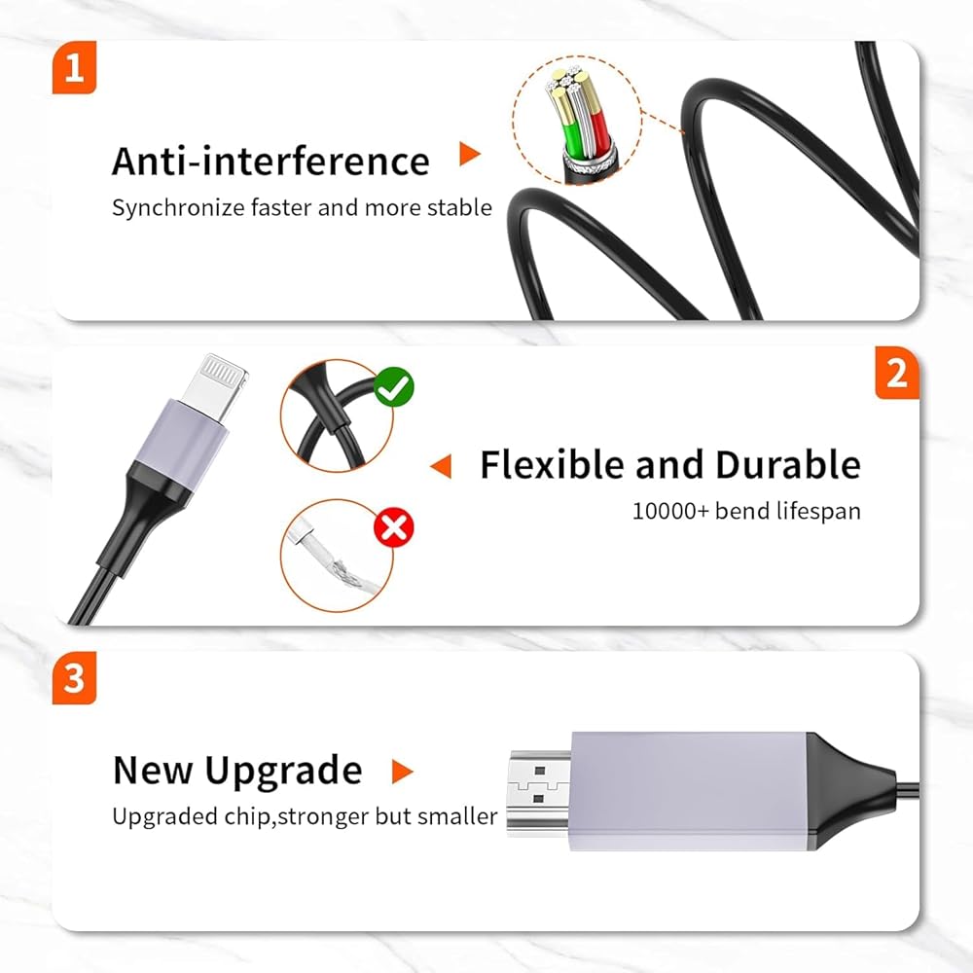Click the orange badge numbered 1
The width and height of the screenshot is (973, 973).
(x=75, y=67)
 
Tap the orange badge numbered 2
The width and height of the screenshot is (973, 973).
(x=897, y=373)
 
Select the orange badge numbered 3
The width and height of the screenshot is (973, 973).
(x=75, y=677)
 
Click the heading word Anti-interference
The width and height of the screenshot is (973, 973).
(x=270, y=161)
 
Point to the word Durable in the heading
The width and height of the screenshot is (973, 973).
(x=788, y=464)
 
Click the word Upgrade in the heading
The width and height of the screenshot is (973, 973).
(x=283, y=772)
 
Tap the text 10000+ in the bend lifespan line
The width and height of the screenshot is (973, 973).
(x=670, y=512)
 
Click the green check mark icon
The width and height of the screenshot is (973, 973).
(x=394, y=387)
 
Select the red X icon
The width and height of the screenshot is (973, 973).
(x=394, y=528)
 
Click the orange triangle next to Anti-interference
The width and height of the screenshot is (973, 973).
(x=470, y=154)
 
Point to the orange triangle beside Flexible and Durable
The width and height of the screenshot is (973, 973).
(x=441, y=466)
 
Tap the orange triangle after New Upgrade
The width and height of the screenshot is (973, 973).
(x=402, y=772)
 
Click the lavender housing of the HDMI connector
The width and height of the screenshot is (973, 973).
(x=689, y=791)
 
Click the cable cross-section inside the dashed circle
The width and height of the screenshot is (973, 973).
(x=578, y=125)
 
